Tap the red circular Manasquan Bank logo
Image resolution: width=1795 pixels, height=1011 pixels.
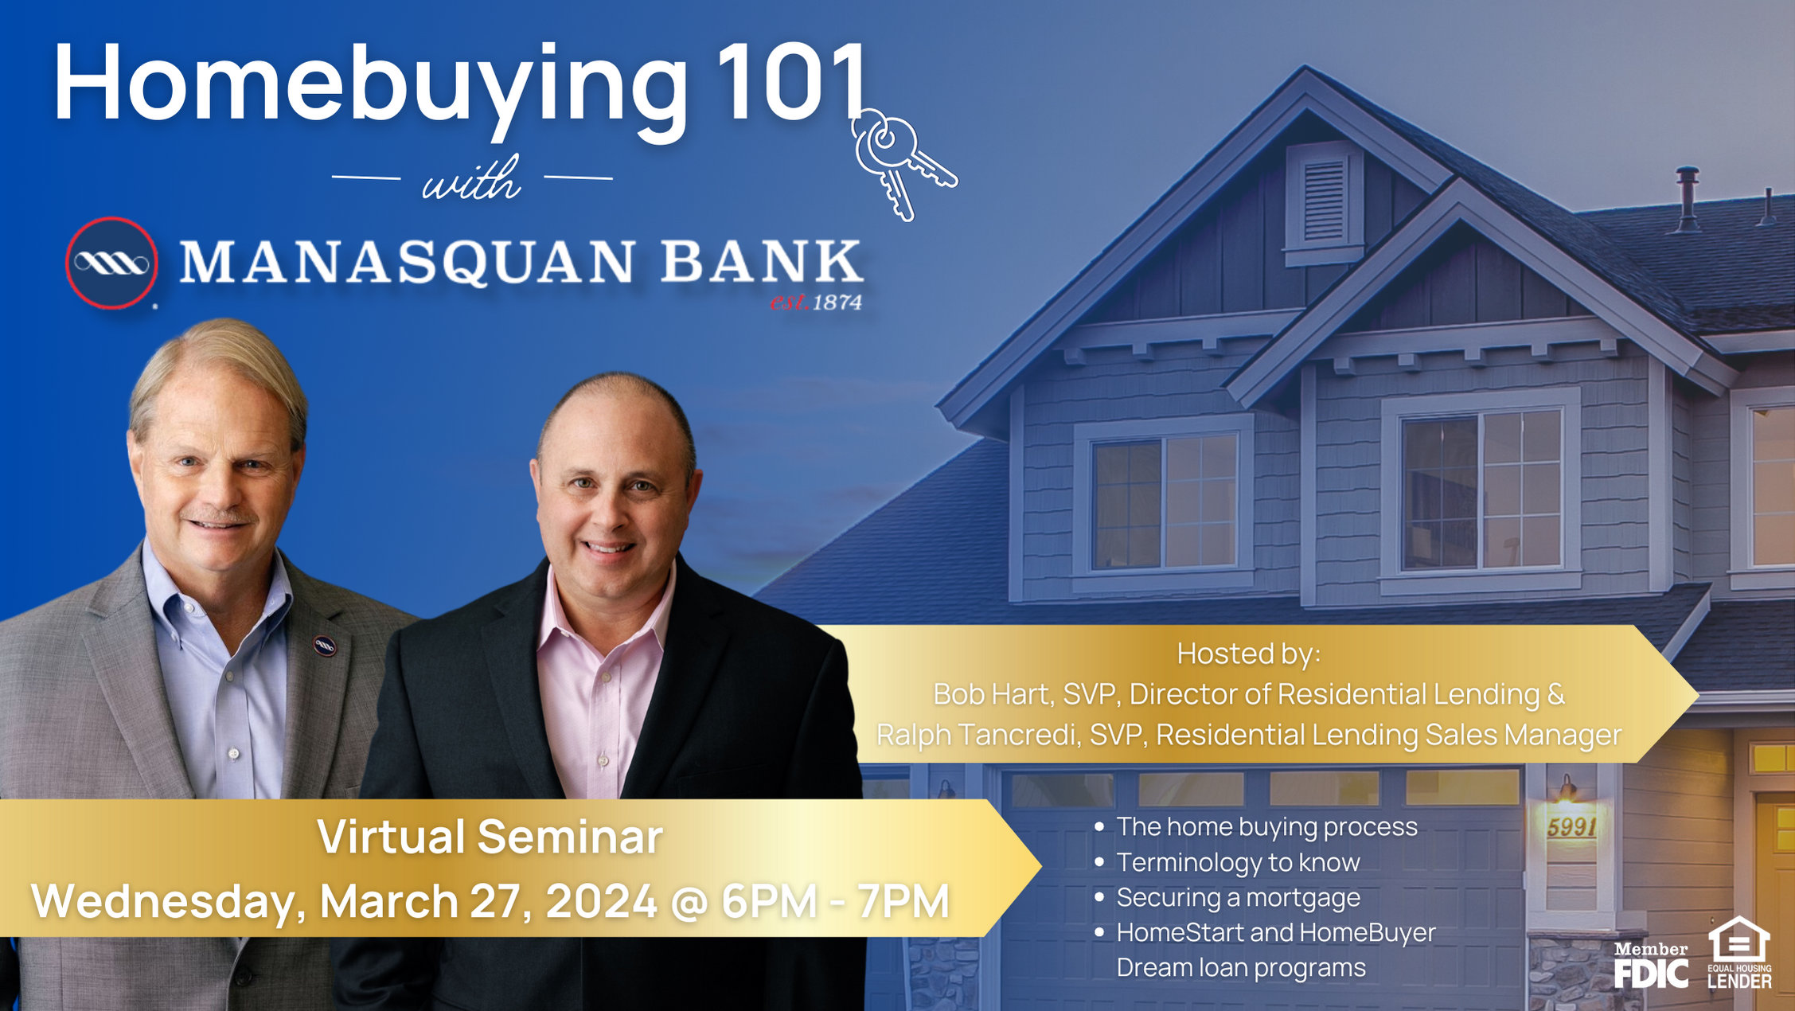pyautogui.click(x=111, y=263)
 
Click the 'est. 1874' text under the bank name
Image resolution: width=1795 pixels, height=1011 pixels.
pyautogui.click(x=816, y=303)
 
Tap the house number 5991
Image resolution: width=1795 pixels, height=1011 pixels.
pyautogui.click(x=1571, y=827)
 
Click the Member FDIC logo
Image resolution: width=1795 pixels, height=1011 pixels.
pyautogui.click(x=1650, y=965)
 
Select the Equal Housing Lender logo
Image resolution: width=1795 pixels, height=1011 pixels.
pyautogui.click(x=1739, y=953)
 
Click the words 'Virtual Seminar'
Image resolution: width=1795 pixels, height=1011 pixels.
pyautogui.click(x=490, y=837)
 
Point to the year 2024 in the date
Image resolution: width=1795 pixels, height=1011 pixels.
pyautogui.click(x=601, y=901)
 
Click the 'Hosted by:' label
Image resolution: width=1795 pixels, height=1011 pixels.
pyautogui.click(x=1248, y=654)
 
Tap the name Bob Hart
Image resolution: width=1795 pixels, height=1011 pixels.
pyautogui.click(x=990, y=694)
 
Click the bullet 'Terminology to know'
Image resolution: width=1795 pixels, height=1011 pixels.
pyautogui.click(x=1238, y=862)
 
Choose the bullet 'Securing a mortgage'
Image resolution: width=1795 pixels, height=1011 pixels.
pyautogui.click(x=1238, y=897)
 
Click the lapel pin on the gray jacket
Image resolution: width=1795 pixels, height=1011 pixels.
pyautogui.click(x=324, y=646)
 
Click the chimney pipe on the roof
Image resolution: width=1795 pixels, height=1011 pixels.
pyautogui.click(x=1687, y=199)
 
